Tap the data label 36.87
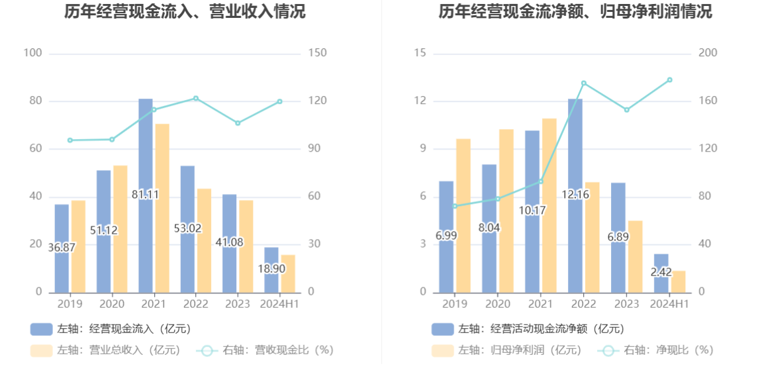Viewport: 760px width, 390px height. pyautogui.click(x=62, y=248)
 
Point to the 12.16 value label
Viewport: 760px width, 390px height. pyautogui.click(x=575, y=195)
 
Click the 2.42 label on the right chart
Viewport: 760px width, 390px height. pyautogui.click(x=661, y=271)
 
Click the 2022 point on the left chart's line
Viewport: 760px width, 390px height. pyautogui.click(x=195, y=99)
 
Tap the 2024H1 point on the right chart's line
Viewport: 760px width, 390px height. pyautogui.click(x=669, y=80)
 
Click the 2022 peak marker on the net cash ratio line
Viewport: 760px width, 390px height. pyautogui.click(x=583, y=83)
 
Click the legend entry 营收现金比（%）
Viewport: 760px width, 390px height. pyautogui.click(x=265, y=350)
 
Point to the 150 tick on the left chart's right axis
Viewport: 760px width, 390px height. pyautogui.click(x=318, y=54)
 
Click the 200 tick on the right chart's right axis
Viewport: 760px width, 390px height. pyautogui.click(x=708, y=54)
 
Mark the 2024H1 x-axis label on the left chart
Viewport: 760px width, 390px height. pyautogui.click(x=279, y=304)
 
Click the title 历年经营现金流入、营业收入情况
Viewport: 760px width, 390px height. pyautogui.click(x=185, y=12)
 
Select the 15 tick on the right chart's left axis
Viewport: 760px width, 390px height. pyautogui.click(x=420, y=54)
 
